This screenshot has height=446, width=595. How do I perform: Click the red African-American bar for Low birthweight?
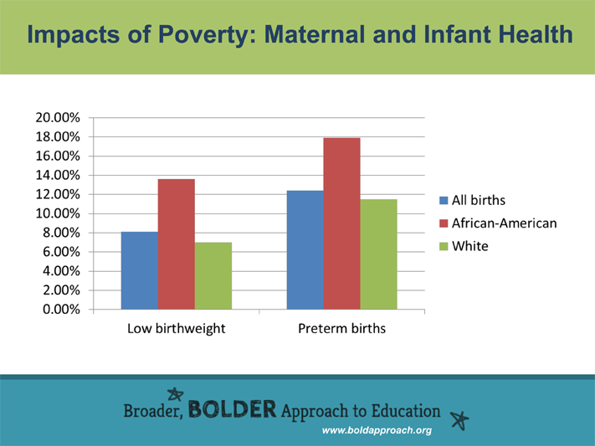tap(177, 244)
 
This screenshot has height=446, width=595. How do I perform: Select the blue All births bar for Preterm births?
tap(305, 250)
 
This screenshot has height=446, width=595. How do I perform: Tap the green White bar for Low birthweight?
tap(213, 276)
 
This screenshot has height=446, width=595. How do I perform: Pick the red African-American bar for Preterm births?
tap(341, 223)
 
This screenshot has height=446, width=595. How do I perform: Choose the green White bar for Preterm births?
tap(378, 254)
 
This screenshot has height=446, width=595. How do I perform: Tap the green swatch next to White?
tap(444, 247)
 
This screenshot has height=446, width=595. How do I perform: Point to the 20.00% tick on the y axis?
tap(58, 118)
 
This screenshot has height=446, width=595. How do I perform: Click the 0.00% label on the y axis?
tap(60, 310)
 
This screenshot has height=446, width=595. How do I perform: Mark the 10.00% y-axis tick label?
tap(58, 213)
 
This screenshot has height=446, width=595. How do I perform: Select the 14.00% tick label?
tap(58, 175)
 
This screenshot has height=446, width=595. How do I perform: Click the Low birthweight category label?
tap(176, 329)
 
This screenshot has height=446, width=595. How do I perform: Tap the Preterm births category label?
tap(341, 329)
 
